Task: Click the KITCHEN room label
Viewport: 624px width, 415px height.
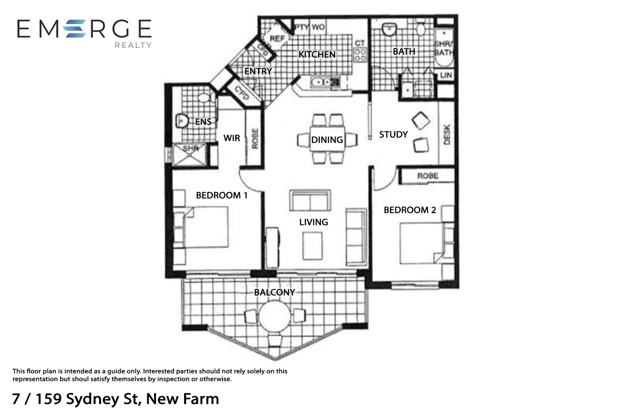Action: click(317, 55)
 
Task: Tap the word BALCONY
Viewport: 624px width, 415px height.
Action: click(274, 292)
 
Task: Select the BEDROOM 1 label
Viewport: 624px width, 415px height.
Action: click(221, 195)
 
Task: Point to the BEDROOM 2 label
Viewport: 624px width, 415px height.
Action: click(410, 210)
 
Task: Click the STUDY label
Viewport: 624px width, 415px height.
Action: click(393, 134)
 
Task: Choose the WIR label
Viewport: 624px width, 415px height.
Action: click(232, 138)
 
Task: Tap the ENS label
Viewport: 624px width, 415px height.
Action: click(203, 122)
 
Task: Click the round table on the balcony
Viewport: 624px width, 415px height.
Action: click(274, 316)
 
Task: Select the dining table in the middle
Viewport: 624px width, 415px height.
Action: click(327, 139)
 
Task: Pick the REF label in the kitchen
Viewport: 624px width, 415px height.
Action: click(277, 39)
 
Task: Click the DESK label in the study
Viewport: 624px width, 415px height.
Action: click(446, 134)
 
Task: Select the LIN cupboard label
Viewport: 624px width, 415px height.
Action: click(446, 75)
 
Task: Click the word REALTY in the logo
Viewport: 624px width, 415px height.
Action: click(133, 45)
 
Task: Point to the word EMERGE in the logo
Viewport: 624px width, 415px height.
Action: click(84, 29)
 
